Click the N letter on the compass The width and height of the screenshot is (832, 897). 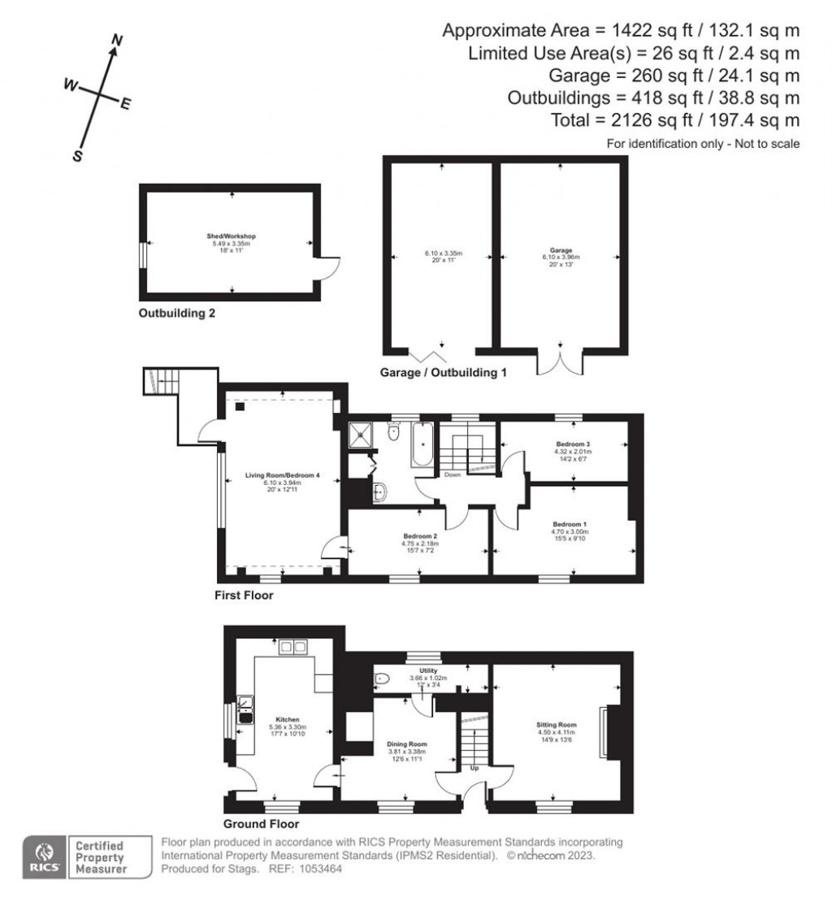pos(116,40)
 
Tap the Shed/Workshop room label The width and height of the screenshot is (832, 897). pos(232,236)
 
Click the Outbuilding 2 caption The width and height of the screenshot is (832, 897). pos(176,312)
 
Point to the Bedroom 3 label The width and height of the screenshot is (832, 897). pos(573,444)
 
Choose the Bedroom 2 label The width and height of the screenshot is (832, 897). pos(420,536)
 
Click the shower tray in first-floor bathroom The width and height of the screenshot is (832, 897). pos(358,435)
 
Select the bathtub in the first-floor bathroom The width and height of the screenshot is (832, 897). pos(422,444)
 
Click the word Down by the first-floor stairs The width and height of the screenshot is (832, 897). pos(453,475)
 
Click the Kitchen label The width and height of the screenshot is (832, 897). pos(288,720)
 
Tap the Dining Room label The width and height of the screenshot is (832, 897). pos(408,743)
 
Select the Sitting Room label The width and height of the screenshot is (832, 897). pos(557,724)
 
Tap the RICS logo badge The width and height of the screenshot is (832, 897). pos(44,856)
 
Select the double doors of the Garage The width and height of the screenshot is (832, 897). pos(560,362)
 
